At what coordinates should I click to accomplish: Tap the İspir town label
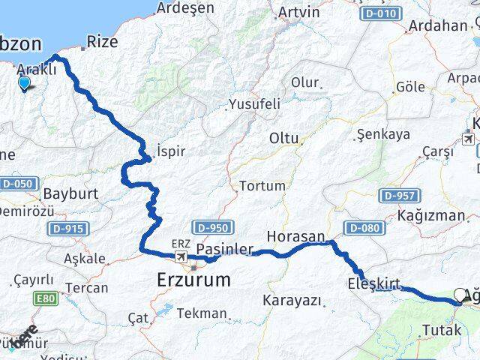pyautogui.click(x=171, y=150)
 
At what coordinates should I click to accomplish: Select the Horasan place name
pyautogui.click(x=295, y=235)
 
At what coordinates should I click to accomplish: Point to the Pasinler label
pyautogui.click(x=220, y=249)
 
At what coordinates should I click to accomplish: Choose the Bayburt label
pyautogui.click(x=70, y=193)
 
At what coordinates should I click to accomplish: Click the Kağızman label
pyautogui.click(x=433, y=215)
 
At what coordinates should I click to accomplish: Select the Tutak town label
pyautogui.click(x=441, y=330)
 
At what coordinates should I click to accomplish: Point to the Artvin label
pyautogui.click(x=298, y=13)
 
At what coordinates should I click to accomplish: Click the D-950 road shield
pyautogui.click(x=214, y=226)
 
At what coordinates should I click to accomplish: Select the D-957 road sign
pyautogui.click(x=398, y=196)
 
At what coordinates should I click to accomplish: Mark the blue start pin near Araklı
pyautogui.click(x=24, y=83)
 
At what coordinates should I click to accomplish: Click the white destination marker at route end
pyautogui.click(x=460, y=295)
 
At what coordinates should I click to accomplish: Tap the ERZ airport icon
pyautogui.click(x=181, y=257)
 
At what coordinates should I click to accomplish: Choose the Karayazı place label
pyautogui.click(x=292, y=301)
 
